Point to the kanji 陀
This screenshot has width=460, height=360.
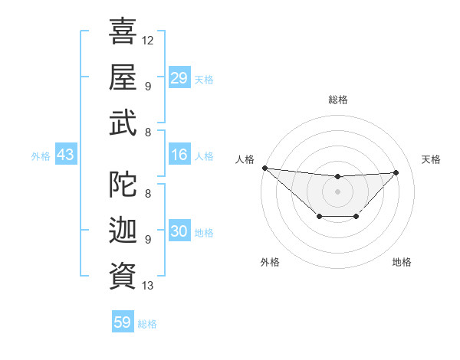tap(123, 184)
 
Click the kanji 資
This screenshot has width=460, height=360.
tap(123, 273)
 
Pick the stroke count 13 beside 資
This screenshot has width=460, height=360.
tap(148, 286)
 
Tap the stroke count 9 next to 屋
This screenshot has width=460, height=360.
tap(147, 85)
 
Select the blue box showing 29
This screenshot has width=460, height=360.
tap(179, 77)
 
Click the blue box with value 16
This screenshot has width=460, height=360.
tap(179, 155)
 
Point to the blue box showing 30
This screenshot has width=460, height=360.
tap(179, 232)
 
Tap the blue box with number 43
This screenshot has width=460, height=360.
tap(65, 155)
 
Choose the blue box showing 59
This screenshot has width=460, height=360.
tap(123, 322)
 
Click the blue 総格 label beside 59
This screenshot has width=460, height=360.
tap(147, 324)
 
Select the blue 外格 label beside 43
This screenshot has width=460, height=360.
tap(41, 156)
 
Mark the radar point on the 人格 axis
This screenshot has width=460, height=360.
tap(264, 168)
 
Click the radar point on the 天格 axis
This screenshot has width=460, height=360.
tap(396, 172)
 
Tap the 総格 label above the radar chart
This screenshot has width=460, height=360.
tap(338, 100)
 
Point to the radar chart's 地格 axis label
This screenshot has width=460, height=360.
tap(402, 262)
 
